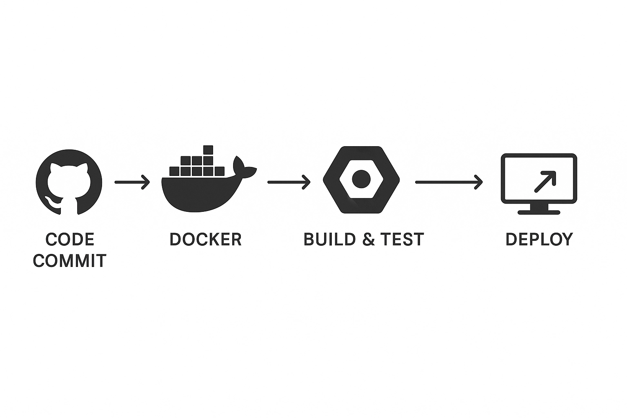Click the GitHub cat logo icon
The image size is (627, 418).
[69, 182]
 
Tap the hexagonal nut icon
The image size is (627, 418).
[361, 179]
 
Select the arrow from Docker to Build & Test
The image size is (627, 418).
[289, 182]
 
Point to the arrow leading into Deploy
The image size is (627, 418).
[449, 182]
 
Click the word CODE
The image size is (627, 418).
[70, 240]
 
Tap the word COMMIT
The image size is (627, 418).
[70, 261]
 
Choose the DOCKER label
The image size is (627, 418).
[205, 240]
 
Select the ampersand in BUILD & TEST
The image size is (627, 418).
[368, 240]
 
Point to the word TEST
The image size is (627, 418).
[402, 240]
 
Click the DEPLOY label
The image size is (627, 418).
[539, 240]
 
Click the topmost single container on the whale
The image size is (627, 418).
[208, 150]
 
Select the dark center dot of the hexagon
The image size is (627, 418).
[361, 179]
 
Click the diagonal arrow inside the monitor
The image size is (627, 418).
[545, 181]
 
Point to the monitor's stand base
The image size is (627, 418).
[539, 212]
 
